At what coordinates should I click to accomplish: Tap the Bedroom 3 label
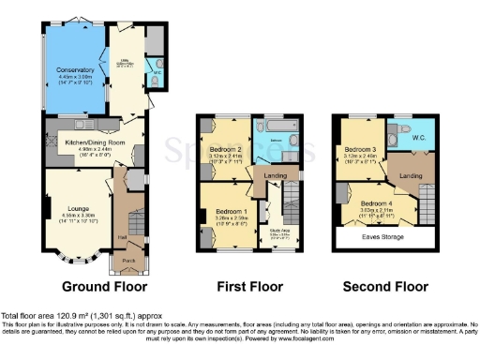[361, 150]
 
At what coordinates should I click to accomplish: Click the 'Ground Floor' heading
[102, 285]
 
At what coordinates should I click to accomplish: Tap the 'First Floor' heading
[250, 285]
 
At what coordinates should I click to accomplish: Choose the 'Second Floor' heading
[384, 285]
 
